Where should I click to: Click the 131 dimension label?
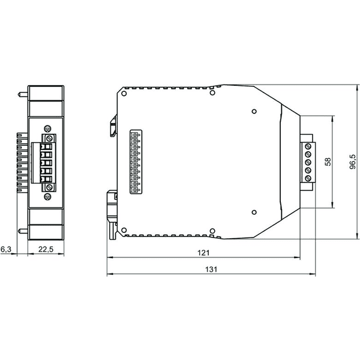(x=211, y=269)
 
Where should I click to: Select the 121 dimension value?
(x=203, y=253)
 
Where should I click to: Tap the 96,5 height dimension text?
(x=353, y=162)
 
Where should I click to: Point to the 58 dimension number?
(x=328, y=161)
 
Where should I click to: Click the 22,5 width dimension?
(x=46, y=249)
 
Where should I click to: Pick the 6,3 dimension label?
(x=6, y=249)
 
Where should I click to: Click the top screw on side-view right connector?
(x=308, y=146)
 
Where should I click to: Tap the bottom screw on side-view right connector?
(x=308, y=178)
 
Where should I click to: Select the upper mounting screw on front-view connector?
(x=49, y=139)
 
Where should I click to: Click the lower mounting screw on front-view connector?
(x=49, y=187)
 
